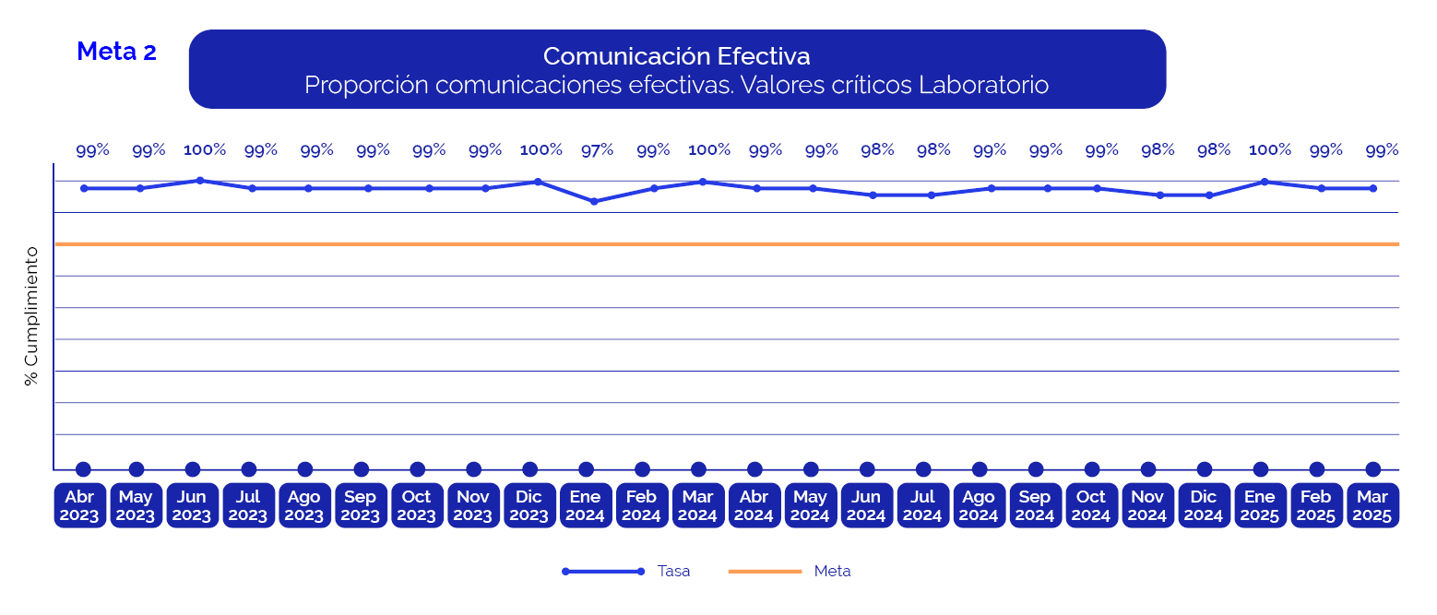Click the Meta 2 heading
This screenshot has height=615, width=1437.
click(116, 52)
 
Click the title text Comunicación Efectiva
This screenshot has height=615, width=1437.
click(676, 56)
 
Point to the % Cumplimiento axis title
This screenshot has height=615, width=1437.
click(32, 315)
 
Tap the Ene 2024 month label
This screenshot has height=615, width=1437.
click(585, 506)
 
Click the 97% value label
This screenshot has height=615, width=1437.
click(597, 149)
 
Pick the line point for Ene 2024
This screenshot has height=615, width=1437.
click(594, 201)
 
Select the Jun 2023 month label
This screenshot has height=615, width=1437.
click(192, 506)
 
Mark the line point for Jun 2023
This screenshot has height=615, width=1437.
click(200, 181)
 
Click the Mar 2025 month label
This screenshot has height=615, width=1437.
click(1372, 506)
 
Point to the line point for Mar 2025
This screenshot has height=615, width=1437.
click(1373, 188)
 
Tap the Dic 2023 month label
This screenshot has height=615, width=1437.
click(528, 506)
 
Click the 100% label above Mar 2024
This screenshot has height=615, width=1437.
click(709, 149)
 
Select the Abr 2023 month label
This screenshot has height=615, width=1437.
click(79, 506)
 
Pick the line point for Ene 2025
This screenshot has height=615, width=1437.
click(1264, 182)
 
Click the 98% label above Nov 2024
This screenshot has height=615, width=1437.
click(1158, 149)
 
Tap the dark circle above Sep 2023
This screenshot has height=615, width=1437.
click(362, 469)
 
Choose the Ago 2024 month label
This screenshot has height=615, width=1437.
click(979, 506)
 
